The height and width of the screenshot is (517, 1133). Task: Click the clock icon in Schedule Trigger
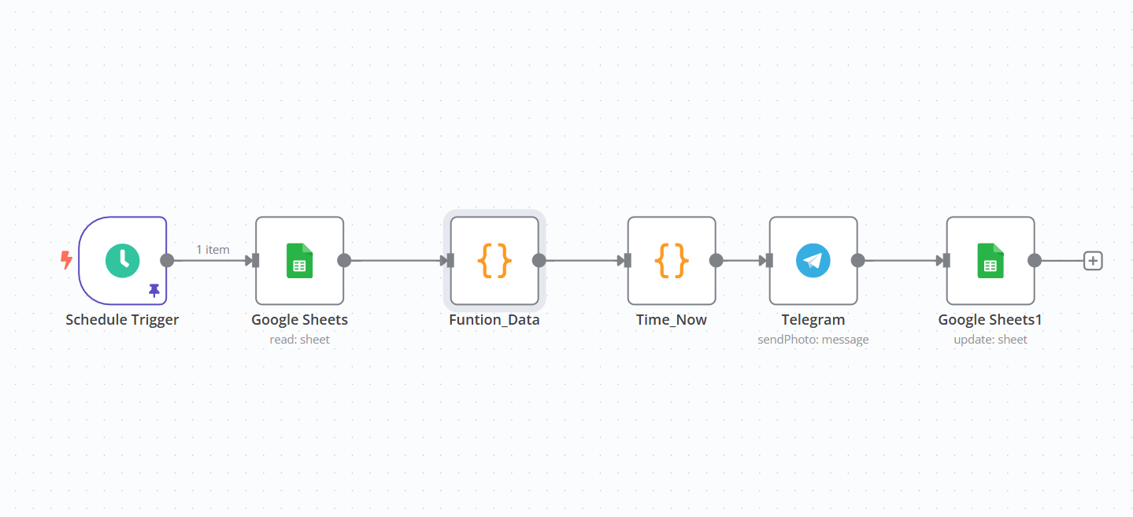pos(122,261)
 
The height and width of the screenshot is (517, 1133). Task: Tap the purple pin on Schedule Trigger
pos(154,290)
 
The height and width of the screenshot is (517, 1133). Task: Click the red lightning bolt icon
pos(66,260)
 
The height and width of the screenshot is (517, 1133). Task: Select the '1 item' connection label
pos(213,250)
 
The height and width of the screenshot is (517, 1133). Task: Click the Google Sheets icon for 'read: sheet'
pos(299,261)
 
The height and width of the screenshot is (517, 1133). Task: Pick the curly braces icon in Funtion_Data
pos(494,261)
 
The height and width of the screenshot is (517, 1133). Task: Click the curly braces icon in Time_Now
pos(672,261)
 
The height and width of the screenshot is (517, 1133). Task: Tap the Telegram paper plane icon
pos(813,261)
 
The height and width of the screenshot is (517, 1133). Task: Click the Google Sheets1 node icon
pos(990,261)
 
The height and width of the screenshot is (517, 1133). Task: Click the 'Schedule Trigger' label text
pos(122,320)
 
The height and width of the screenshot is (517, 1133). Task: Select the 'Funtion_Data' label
pos(494,320)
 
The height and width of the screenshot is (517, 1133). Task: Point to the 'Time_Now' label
pos(672,320)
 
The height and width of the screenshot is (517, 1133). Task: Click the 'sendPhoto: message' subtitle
pos(813,339)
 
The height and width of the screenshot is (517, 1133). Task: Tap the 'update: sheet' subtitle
pos(990,339)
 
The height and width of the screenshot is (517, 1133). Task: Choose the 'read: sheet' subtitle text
pos(299,339)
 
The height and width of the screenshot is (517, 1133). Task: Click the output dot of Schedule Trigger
pos(167,261)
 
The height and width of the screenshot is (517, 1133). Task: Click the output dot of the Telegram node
pos(858,261)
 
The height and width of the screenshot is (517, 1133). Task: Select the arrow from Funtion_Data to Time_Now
pos(585,261)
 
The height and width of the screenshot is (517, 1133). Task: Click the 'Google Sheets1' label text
pos(990,320)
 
